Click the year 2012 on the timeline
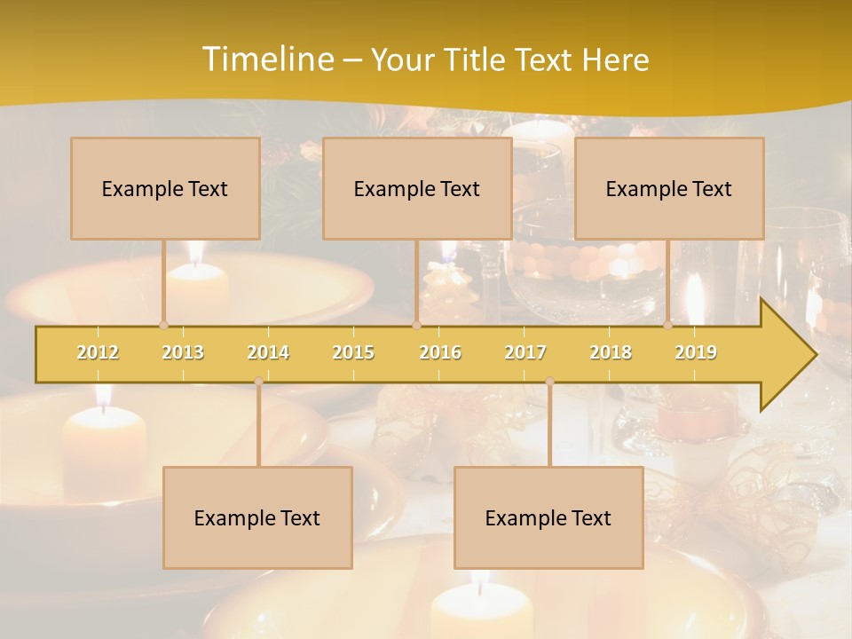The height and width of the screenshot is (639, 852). coord(98,352)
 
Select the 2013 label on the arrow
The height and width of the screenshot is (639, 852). coord(183,352)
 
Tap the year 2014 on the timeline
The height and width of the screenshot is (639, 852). coord(268,352)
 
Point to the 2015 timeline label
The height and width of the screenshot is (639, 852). coord(353,352)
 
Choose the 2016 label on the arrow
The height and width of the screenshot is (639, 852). coord(440,352)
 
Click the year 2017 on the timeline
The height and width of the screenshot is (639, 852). coord(525,352)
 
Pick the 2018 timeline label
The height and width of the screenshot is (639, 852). coord(611,352)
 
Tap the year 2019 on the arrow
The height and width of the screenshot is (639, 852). coord(696,352)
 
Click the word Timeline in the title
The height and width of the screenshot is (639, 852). coord(266,59)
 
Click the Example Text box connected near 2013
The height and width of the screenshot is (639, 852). coord(165,188)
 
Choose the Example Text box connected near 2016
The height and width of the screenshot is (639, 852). coord(417,188)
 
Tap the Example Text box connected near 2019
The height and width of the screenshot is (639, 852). coord(669,188)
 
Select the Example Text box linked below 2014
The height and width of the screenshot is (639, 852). coord(257,517)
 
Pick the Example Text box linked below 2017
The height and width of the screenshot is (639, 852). coord(548,517)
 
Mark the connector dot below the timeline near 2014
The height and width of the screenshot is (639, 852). coord(258,382)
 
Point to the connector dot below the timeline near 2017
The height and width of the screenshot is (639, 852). coord(549,382)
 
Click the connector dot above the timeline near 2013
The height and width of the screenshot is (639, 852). coord(163,325)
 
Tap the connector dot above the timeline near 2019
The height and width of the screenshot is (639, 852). coord(668,325)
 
